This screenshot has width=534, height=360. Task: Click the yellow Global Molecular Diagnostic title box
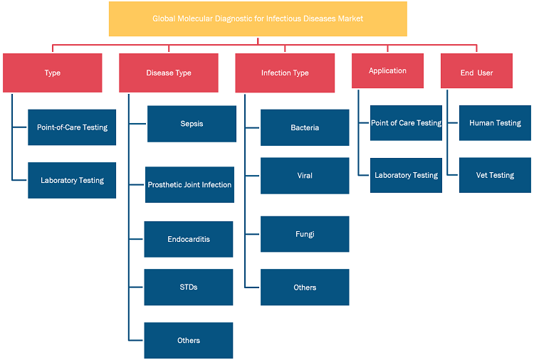(x=258, y=18)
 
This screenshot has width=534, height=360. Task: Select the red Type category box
(x=53, y=73)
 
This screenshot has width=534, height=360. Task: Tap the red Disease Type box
(x=169, y=73)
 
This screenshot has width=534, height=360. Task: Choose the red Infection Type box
(x=285, y=73)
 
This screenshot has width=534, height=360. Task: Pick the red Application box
(x=387, y=70)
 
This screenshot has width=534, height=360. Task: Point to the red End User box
(x=476, y=70)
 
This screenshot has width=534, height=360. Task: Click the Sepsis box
(x=192, y=124)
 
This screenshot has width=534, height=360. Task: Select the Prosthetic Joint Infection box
(x=189, y=185)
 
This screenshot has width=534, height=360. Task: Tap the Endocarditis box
(x=189, y=239)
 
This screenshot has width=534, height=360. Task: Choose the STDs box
(x=189, y=287)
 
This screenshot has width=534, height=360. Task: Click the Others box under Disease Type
(x=189, y=340)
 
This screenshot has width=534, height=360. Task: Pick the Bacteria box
(x=305, y=127)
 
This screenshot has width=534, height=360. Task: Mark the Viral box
(x=305, y=176)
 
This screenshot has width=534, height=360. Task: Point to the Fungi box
(x=305, y=234)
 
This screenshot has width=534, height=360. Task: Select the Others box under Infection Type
(x=305, y=287)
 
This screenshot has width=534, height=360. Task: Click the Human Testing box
(x=495, y=123)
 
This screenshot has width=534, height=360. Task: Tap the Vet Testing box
(x=495, y=175)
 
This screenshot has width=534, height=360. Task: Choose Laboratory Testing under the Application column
(x=406, y=175)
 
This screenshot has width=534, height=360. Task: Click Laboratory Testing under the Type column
(x=72, y=180)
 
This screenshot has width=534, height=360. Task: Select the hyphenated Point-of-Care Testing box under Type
(x=72, y=127)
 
